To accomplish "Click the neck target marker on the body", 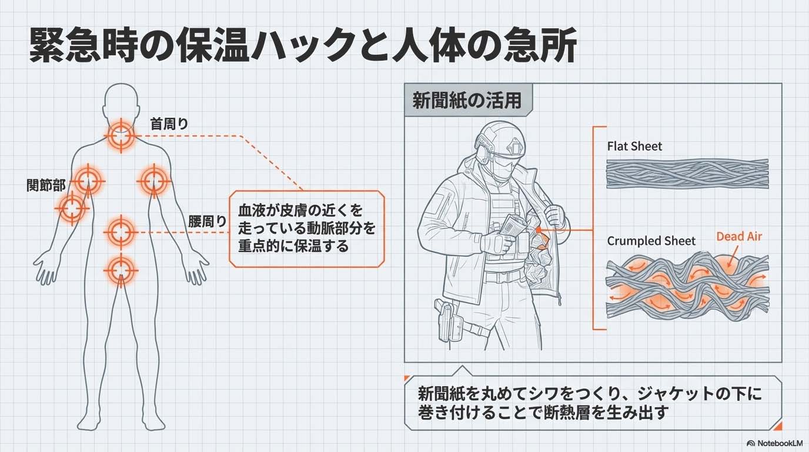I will (x=121, y=135).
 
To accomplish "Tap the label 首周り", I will (x=169, y=124).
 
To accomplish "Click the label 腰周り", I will (x=207, y=222).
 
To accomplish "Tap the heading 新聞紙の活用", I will (x=467, y=101).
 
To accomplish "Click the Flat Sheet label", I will (x=634, y=146).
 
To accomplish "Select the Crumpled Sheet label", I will (x=651, y=241).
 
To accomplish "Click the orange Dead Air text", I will (x=739, y=237).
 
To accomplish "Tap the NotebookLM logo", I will (x=775, y=443).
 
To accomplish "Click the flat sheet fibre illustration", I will (x=687, y=173).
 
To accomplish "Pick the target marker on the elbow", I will (x=72, y=208).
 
